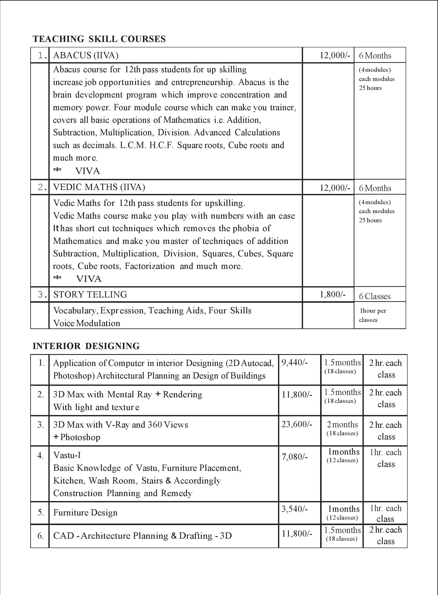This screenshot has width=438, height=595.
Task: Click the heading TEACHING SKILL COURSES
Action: tap(99, 39)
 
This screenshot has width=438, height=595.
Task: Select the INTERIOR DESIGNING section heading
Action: tap(86, 346)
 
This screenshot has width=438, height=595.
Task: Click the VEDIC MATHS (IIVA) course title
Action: tap(99, 187)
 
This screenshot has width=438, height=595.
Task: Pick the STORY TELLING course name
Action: tap(90, 294)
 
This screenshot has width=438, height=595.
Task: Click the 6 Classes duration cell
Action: tap(374, 296)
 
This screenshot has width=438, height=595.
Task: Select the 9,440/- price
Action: tap(294, 362)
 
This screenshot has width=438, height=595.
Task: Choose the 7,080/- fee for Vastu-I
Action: tap(294, 457)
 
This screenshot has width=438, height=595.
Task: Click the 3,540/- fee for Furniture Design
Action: tap(294, 509)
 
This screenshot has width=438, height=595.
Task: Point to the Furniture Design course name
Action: tap(85, 513)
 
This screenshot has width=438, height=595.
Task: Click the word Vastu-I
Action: tap(67, 455)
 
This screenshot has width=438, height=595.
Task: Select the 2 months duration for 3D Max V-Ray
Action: tap(342, 425)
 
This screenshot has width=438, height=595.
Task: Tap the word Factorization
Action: tap(150, 266)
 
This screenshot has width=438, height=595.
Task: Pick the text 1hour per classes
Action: tap(373, 315)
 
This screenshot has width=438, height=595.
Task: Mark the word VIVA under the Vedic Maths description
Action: tap(89, 279)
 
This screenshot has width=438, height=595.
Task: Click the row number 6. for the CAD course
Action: tap(40, 536)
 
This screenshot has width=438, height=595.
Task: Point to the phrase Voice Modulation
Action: tap(87, 323)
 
